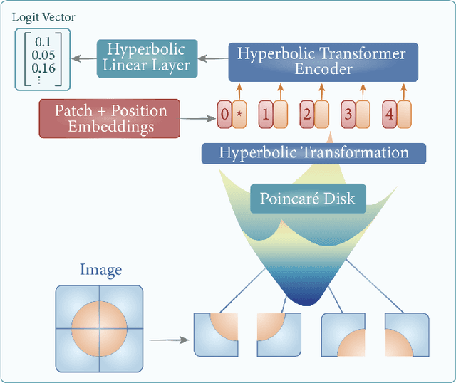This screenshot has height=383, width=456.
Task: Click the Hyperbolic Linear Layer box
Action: [x=145, y=58]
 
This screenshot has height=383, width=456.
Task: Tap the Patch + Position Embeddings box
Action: [x=110, y=117]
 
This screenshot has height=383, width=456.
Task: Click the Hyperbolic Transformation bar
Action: [x=313, y=153]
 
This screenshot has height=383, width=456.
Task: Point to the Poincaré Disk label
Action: [x=309, y=199]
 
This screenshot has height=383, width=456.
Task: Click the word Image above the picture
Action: [x=100, y=270]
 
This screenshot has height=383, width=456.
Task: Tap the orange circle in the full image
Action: [x=100, y=327]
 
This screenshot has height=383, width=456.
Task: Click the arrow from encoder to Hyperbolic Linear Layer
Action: [x=212, y=58]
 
